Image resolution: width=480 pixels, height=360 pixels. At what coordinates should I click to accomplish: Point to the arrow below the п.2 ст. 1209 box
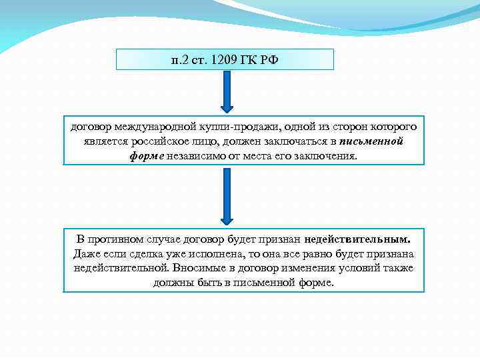[x=227, y=92]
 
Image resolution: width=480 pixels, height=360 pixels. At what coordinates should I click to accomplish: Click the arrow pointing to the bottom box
[x=227, y=196]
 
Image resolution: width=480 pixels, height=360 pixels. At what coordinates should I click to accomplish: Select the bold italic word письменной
[x=371, y=141]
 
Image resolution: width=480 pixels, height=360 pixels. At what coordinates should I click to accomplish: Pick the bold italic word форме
[x=146, y=156]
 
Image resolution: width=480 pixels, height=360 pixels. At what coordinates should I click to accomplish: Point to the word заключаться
[x=297, y=141]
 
